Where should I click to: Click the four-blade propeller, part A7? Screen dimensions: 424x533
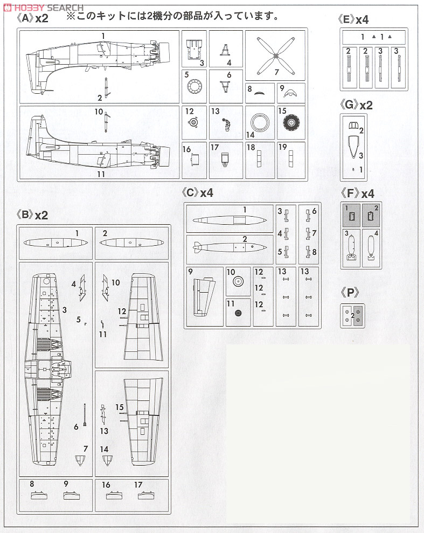[276, 56]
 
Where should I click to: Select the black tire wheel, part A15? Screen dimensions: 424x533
[291, 123]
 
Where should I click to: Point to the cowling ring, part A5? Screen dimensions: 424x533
[194, 86]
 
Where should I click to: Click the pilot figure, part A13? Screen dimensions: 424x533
[227, 124]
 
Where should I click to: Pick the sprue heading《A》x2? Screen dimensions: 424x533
[32, 18]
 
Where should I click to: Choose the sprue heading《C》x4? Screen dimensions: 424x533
[197, 193]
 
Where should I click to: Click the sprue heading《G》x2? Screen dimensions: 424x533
[357, 105]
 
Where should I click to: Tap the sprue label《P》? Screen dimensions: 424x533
[350, 292]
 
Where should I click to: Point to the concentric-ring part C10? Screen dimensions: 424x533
[238, 281]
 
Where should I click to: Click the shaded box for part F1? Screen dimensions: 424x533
[351, 216]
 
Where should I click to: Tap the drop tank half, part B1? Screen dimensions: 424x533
[56, 243]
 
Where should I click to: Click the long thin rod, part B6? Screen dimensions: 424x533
[85, 415]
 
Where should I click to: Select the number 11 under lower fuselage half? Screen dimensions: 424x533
[101, 174]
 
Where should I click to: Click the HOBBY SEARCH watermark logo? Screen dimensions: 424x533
[44, 8]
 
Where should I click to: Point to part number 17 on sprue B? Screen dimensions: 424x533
[138, 484]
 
